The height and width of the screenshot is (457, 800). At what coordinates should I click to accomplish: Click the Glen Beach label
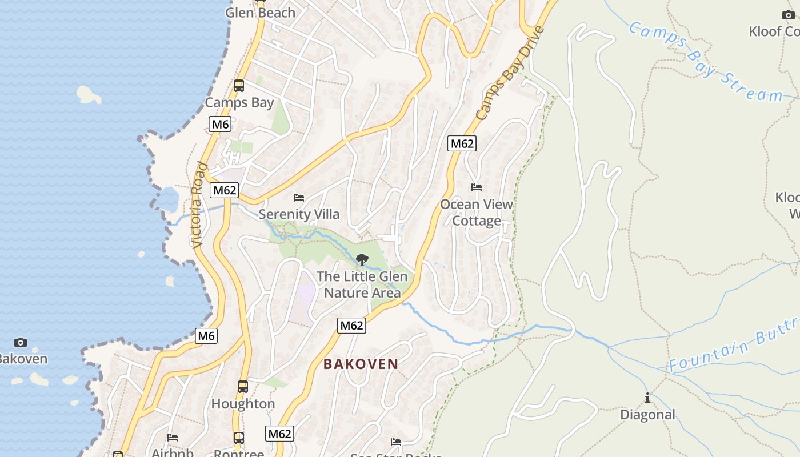(260, 13)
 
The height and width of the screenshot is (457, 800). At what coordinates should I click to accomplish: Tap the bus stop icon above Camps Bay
(239, 86)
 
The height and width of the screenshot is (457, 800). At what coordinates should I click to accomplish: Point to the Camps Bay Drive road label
(510, 73)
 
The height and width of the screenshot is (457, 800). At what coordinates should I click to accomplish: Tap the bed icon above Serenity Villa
(299, 198)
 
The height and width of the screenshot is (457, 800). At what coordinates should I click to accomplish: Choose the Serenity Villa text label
(299, 214)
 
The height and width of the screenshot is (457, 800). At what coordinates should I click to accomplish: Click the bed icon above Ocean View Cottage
(477, 187)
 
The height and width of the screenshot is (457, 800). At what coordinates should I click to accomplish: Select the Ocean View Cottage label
(477, 213)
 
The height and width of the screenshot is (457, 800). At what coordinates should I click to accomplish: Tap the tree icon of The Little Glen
(362, 260)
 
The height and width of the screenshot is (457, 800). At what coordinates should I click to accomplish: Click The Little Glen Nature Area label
(362, 284)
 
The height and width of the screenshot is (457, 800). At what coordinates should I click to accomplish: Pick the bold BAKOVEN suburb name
(361, 364)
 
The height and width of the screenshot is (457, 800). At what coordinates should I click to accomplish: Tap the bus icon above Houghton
(243, 387)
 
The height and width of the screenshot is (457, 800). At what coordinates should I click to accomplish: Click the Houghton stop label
(243, 404)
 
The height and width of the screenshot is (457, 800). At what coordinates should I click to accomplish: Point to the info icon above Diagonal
(647, 398)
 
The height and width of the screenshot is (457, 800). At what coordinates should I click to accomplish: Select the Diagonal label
(647, 415)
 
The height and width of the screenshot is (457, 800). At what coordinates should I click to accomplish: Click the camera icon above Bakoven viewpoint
(21, 342)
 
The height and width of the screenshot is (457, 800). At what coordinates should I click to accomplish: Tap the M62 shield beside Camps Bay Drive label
(462, 143)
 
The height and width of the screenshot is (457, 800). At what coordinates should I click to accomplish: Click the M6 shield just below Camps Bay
(220, 124)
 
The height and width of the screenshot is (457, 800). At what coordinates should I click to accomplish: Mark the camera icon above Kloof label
(788, 15)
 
